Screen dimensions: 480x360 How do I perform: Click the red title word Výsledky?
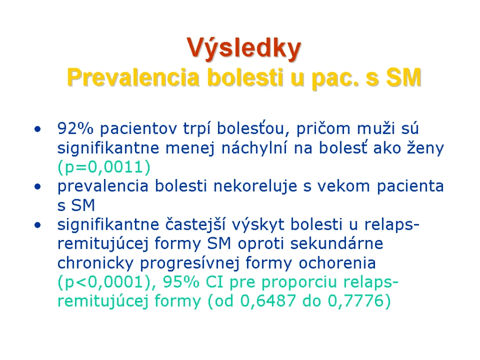[244, 49]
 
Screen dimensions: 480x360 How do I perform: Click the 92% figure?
[75, 128]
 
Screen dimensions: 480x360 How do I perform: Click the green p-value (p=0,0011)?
[104, 167]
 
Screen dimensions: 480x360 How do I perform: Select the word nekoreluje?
[255, 186]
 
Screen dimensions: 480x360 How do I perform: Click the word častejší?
[195, 225]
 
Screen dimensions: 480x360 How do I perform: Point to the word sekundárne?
[337, 243]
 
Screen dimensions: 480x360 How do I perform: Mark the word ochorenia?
[337, 263]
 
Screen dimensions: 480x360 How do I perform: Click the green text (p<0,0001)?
[105, 282]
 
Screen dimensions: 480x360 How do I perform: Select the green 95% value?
[181, 282]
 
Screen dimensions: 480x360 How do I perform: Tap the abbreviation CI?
[214, 282]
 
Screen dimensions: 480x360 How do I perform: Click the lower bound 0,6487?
[268, 301]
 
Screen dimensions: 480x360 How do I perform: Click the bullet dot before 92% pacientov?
[37, 129]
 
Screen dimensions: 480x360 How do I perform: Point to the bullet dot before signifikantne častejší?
[37, 225]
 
